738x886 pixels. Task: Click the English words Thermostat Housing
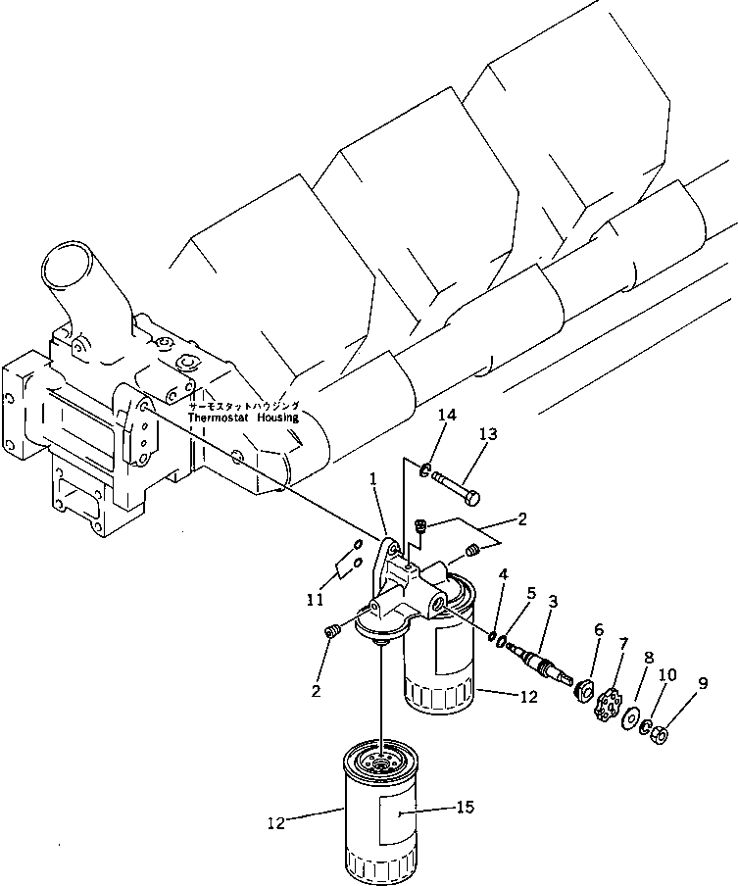coord(244,417)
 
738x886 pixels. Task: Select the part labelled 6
coord(585,689)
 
